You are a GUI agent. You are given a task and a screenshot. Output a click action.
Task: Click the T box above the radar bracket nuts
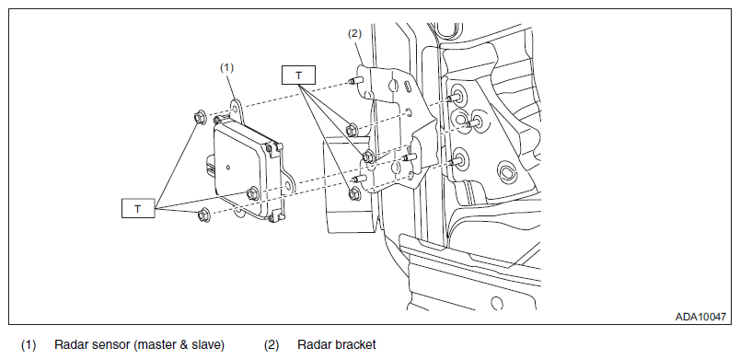298,75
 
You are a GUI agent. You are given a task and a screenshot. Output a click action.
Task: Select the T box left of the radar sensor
138,208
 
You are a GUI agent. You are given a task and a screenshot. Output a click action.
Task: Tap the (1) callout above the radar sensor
226,67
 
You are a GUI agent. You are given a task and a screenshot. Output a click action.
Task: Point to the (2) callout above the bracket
354,33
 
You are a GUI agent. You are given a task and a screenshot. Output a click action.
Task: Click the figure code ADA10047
700,317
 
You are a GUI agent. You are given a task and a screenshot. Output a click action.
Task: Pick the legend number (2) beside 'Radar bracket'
272,345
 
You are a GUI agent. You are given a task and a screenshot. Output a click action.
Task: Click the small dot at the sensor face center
228,167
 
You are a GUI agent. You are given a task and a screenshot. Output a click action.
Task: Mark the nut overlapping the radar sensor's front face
252,192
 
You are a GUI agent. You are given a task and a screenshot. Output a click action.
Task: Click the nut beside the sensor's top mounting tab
200,118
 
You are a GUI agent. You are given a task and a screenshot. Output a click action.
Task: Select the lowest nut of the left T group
204,215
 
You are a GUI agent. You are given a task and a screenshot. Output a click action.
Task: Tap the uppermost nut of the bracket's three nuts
352,129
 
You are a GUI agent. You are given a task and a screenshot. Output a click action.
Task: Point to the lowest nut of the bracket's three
354,193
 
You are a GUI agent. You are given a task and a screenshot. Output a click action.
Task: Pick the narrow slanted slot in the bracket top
407,88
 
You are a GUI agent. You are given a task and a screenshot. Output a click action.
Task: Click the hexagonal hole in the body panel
508,173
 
